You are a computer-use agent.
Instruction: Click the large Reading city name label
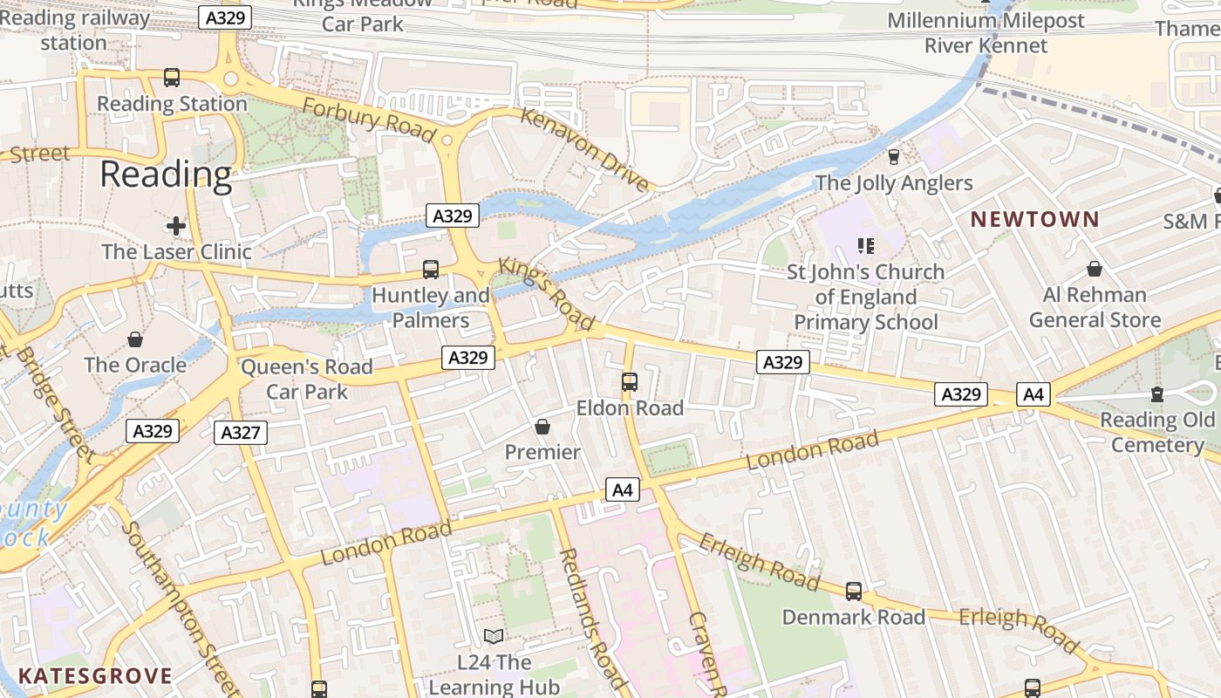166,175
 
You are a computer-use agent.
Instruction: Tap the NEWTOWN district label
1035,219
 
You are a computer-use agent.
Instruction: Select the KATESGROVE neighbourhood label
95,676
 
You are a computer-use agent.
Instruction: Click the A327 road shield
241,433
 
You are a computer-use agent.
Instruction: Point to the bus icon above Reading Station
172,78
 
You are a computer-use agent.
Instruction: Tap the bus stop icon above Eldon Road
630,382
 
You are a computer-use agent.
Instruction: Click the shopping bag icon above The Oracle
135,339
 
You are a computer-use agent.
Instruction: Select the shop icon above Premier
542,427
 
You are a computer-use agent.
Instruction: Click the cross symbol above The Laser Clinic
176,226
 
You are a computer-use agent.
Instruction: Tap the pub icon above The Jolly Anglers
893,157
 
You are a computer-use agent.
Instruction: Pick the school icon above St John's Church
865,246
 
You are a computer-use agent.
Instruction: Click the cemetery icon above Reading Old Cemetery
1157,394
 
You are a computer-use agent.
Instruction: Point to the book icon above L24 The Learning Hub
494,637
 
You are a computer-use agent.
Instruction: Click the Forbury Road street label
369,119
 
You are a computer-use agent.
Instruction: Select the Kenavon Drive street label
585,148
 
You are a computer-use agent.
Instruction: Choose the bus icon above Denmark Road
854,592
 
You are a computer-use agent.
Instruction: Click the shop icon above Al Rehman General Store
1095,270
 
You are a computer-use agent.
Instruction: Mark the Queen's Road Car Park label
307,379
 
